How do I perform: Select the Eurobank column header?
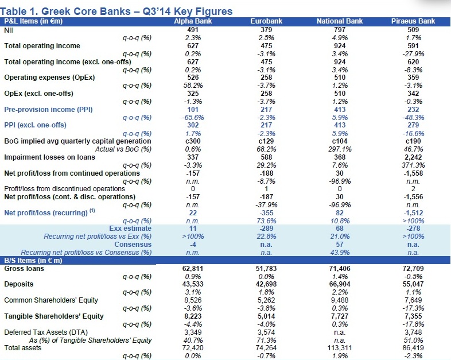265,21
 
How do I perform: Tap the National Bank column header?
338,21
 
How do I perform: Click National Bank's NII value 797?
338,29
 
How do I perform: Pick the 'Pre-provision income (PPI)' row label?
49,109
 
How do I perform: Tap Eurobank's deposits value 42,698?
265,284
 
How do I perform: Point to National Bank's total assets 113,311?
338,348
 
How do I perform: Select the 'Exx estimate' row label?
134,228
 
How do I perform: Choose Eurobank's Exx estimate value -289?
265,228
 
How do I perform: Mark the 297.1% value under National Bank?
338,149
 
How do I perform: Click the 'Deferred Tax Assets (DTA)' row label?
44,332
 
